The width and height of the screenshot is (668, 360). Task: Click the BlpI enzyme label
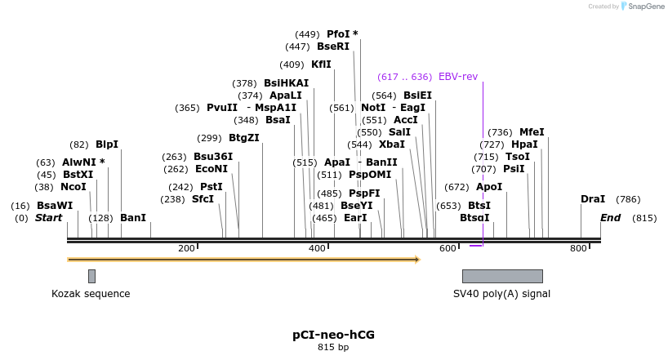[107, 144]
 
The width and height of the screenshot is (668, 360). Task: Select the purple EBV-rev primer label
[458, 77]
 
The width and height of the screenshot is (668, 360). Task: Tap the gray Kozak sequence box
[91, 276]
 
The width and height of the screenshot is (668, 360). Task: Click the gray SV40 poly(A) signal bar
[502, 276]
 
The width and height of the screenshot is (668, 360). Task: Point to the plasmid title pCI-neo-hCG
[333, 335]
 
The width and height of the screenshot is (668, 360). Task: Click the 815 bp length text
[333, 348]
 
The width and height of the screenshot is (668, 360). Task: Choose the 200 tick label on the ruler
[186, 248]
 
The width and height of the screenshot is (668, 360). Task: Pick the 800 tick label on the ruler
[578, 248]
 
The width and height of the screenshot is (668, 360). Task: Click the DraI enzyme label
[593, 199]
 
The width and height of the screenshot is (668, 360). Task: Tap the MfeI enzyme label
[532, 131]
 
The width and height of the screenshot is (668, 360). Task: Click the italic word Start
[48, 218]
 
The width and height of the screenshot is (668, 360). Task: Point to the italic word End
[610, 218]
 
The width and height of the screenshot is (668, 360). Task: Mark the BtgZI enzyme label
[244, 138]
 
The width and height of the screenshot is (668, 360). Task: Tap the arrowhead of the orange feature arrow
[416, 260]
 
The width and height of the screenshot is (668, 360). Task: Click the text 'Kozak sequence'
[91, 294]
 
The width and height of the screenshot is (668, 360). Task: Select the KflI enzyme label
[321, 64]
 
